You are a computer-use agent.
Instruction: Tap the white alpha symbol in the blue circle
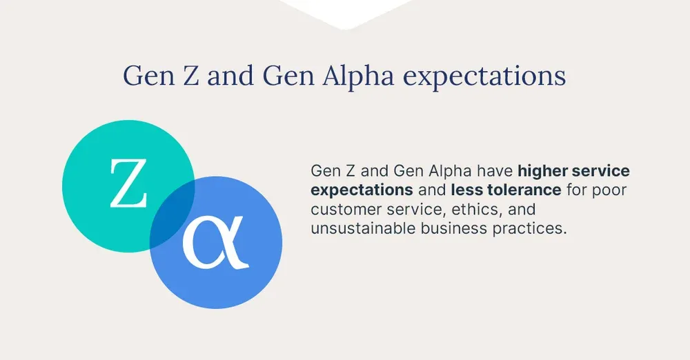[x=219, y=243]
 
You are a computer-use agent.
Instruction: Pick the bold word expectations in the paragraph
[x=362, y=190]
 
